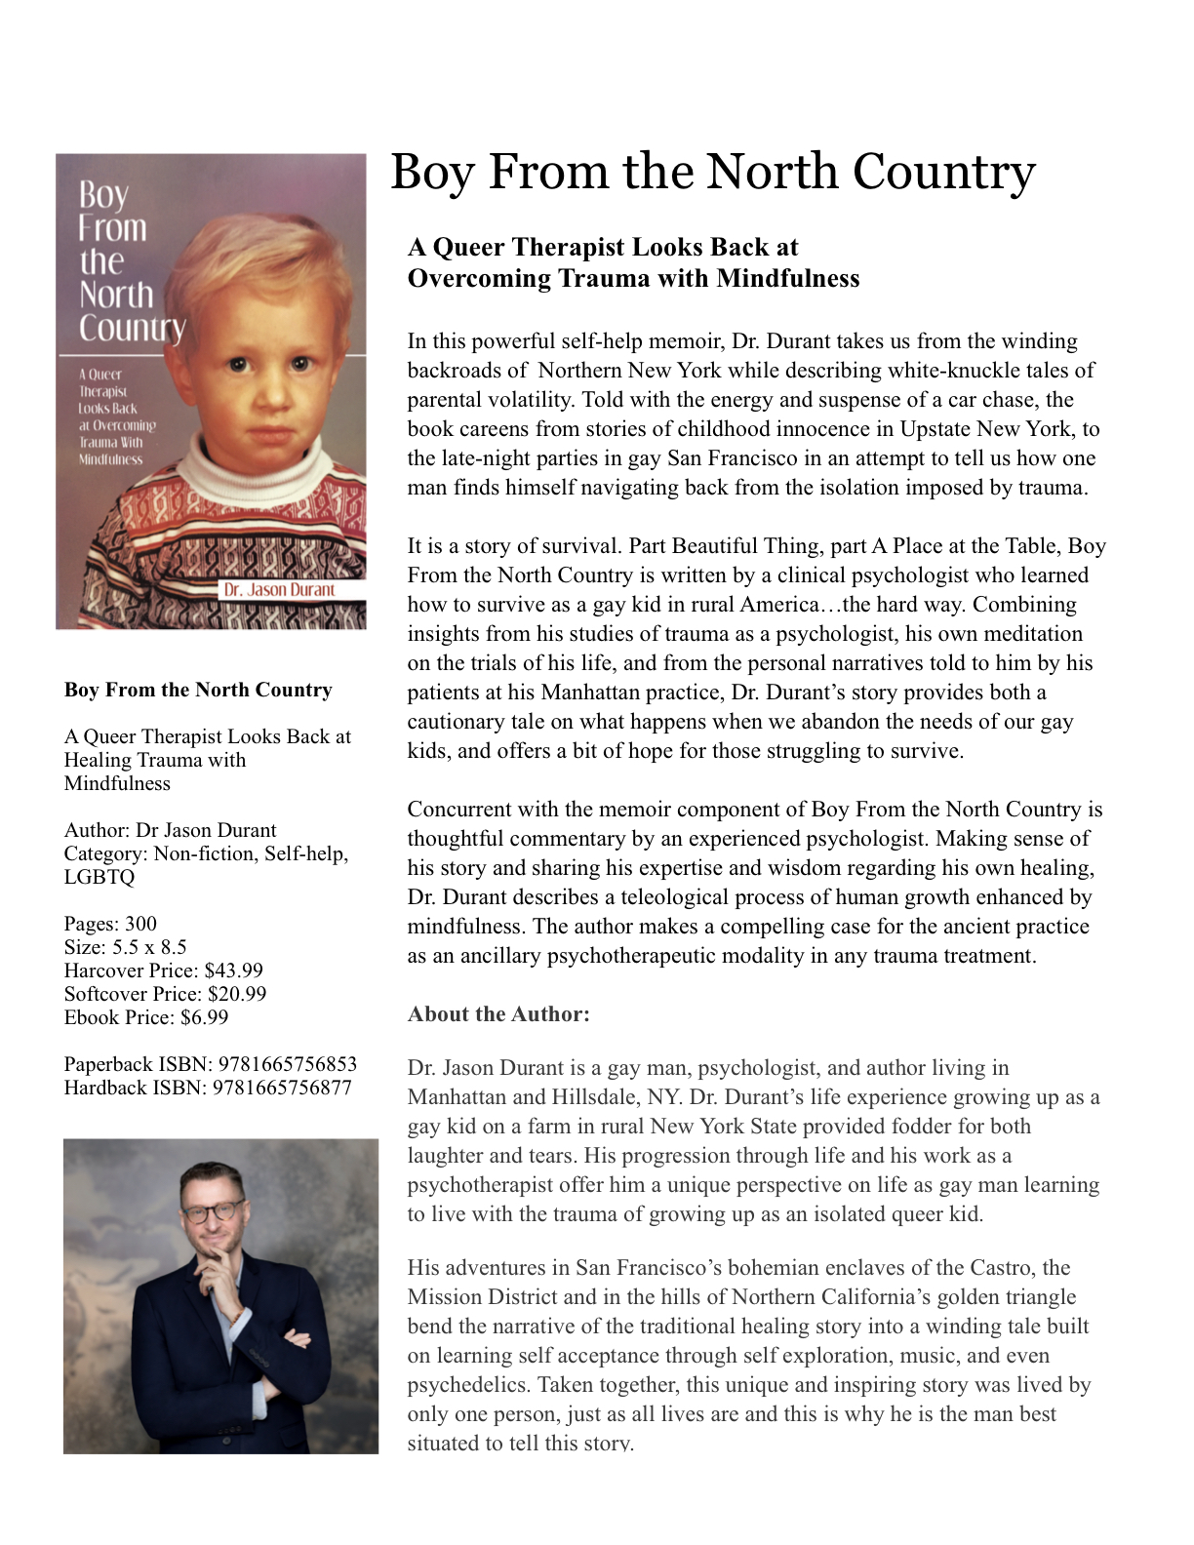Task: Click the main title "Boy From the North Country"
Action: [712, 172]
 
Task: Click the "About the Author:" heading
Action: [498, 1014]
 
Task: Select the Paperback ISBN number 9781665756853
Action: [288, 1064]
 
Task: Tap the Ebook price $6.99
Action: [205, 1017]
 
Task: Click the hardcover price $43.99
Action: [233, 971]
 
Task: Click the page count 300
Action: [140, 924]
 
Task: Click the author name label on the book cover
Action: [279, 590]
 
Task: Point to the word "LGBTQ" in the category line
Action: [99, 877]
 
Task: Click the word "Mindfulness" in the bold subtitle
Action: [787, 279]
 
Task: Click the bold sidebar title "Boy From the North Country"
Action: [198, 690]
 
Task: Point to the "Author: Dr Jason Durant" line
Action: [170, 830]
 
